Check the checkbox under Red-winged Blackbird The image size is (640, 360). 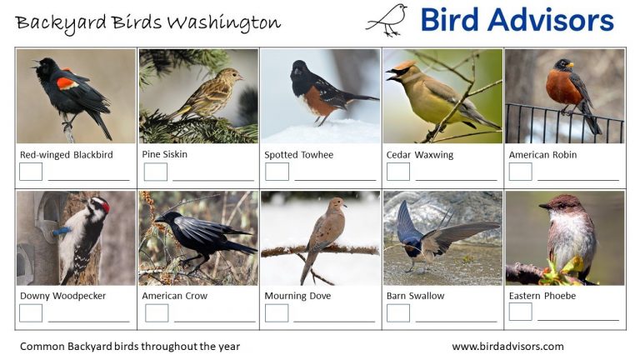coord(31,172)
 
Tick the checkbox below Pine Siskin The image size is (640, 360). coord(155,172)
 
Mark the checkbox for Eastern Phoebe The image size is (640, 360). coord(520,312)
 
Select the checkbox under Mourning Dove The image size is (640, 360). coord(276,312)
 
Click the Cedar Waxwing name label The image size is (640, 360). coord(417,155)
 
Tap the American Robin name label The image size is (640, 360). coord(542,155)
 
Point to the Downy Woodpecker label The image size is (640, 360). coord(62,296)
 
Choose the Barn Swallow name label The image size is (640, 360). coord(415,296)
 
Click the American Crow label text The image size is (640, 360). coord(174,296)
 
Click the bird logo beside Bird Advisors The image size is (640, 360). coord(387,20)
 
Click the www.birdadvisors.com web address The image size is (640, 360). coord(507,347)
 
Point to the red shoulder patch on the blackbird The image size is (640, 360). coord(67,82)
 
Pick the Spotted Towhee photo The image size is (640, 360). coord(320,96)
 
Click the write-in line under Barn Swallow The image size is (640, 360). coord(456,320)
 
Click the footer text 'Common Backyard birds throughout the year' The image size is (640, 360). coord(129,347)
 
